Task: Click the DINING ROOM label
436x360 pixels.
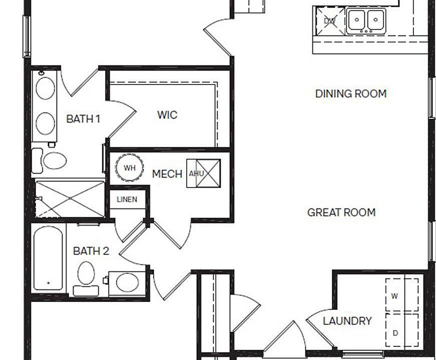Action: [351, 93]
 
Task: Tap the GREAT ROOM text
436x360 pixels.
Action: [341, 212]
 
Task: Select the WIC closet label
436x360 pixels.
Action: [167, 114]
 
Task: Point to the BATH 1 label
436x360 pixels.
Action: [83, 119]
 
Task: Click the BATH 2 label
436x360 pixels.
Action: [91, 251]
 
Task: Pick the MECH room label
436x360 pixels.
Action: [167, 174]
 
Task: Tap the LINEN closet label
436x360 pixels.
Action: [127, 199]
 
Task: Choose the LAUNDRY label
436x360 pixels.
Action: [347, 321]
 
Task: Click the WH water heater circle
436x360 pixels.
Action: [130, 168]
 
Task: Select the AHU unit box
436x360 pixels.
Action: [204, 173]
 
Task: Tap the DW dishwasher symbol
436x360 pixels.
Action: [331, 21]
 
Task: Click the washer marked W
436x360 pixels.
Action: [402, 294]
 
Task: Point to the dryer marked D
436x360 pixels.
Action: [402, 330]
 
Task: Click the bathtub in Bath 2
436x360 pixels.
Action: [48, 258]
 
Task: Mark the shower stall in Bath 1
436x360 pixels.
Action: [70, 198]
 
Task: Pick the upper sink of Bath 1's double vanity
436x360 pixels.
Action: [46, 88]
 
